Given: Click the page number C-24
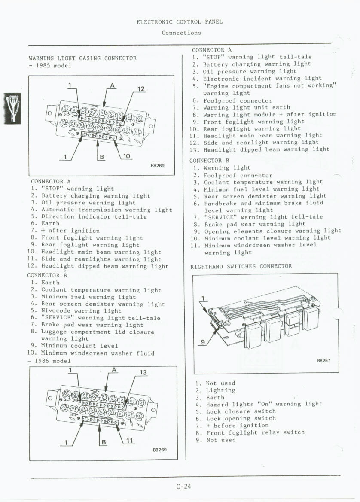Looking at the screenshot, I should pos(183,486).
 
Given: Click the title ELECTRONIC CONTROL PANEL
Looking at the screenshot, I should pos(180,22).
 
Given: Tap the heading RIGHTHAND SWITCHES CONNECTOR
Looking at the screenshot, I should pos(241,266).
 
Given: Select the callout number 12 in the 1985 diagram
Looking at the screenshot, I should pos(140,89).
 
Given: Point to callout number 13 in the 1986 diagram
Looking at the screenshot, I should pos(143,372).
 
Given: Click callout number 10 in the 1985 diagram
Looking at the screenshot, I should pos(127,156).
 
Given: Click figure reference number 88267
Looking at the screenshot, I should pos(323,361).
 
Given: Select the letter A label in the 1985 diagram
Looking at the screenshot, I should pos(112,85).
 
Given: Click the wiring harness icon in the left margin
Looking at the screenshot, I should pos(12,107).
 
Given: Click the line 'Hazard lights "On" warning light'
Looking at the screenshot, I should pos(264,404).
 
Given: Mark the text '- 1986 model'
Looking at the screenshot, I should pos(50,361).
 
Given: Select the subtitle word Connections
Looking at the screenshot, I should pos(181,33).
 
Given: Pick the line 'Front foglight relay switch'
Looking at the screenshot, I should pos(255,432).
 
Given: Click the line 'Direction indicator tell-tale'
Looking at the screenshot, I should pos(94,216).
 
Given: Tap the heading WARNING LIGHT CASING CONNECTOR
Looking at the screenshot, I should pos(82,58).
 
